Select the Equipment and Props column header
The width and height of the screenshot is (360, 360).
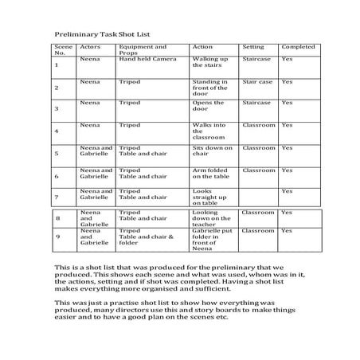[x=143, y=50]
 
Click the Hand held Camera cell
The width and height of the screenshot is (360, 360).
[x=147, y=60]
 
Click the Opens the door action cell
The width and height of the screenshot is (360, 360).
[x=209, y=107]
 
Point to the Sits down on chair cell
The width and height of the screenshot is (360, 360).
[x=211, y=151]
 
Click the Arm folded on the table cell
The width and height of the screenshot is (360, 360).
[x=211, y=174]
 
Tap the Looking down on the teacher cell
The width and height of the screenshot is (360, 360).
[x=210, y=219]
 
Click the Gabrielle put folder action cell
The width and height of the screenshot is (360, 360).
[x=212, y=238]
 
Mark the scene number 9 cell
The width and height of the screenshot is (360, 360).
[x=57, y=238]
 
